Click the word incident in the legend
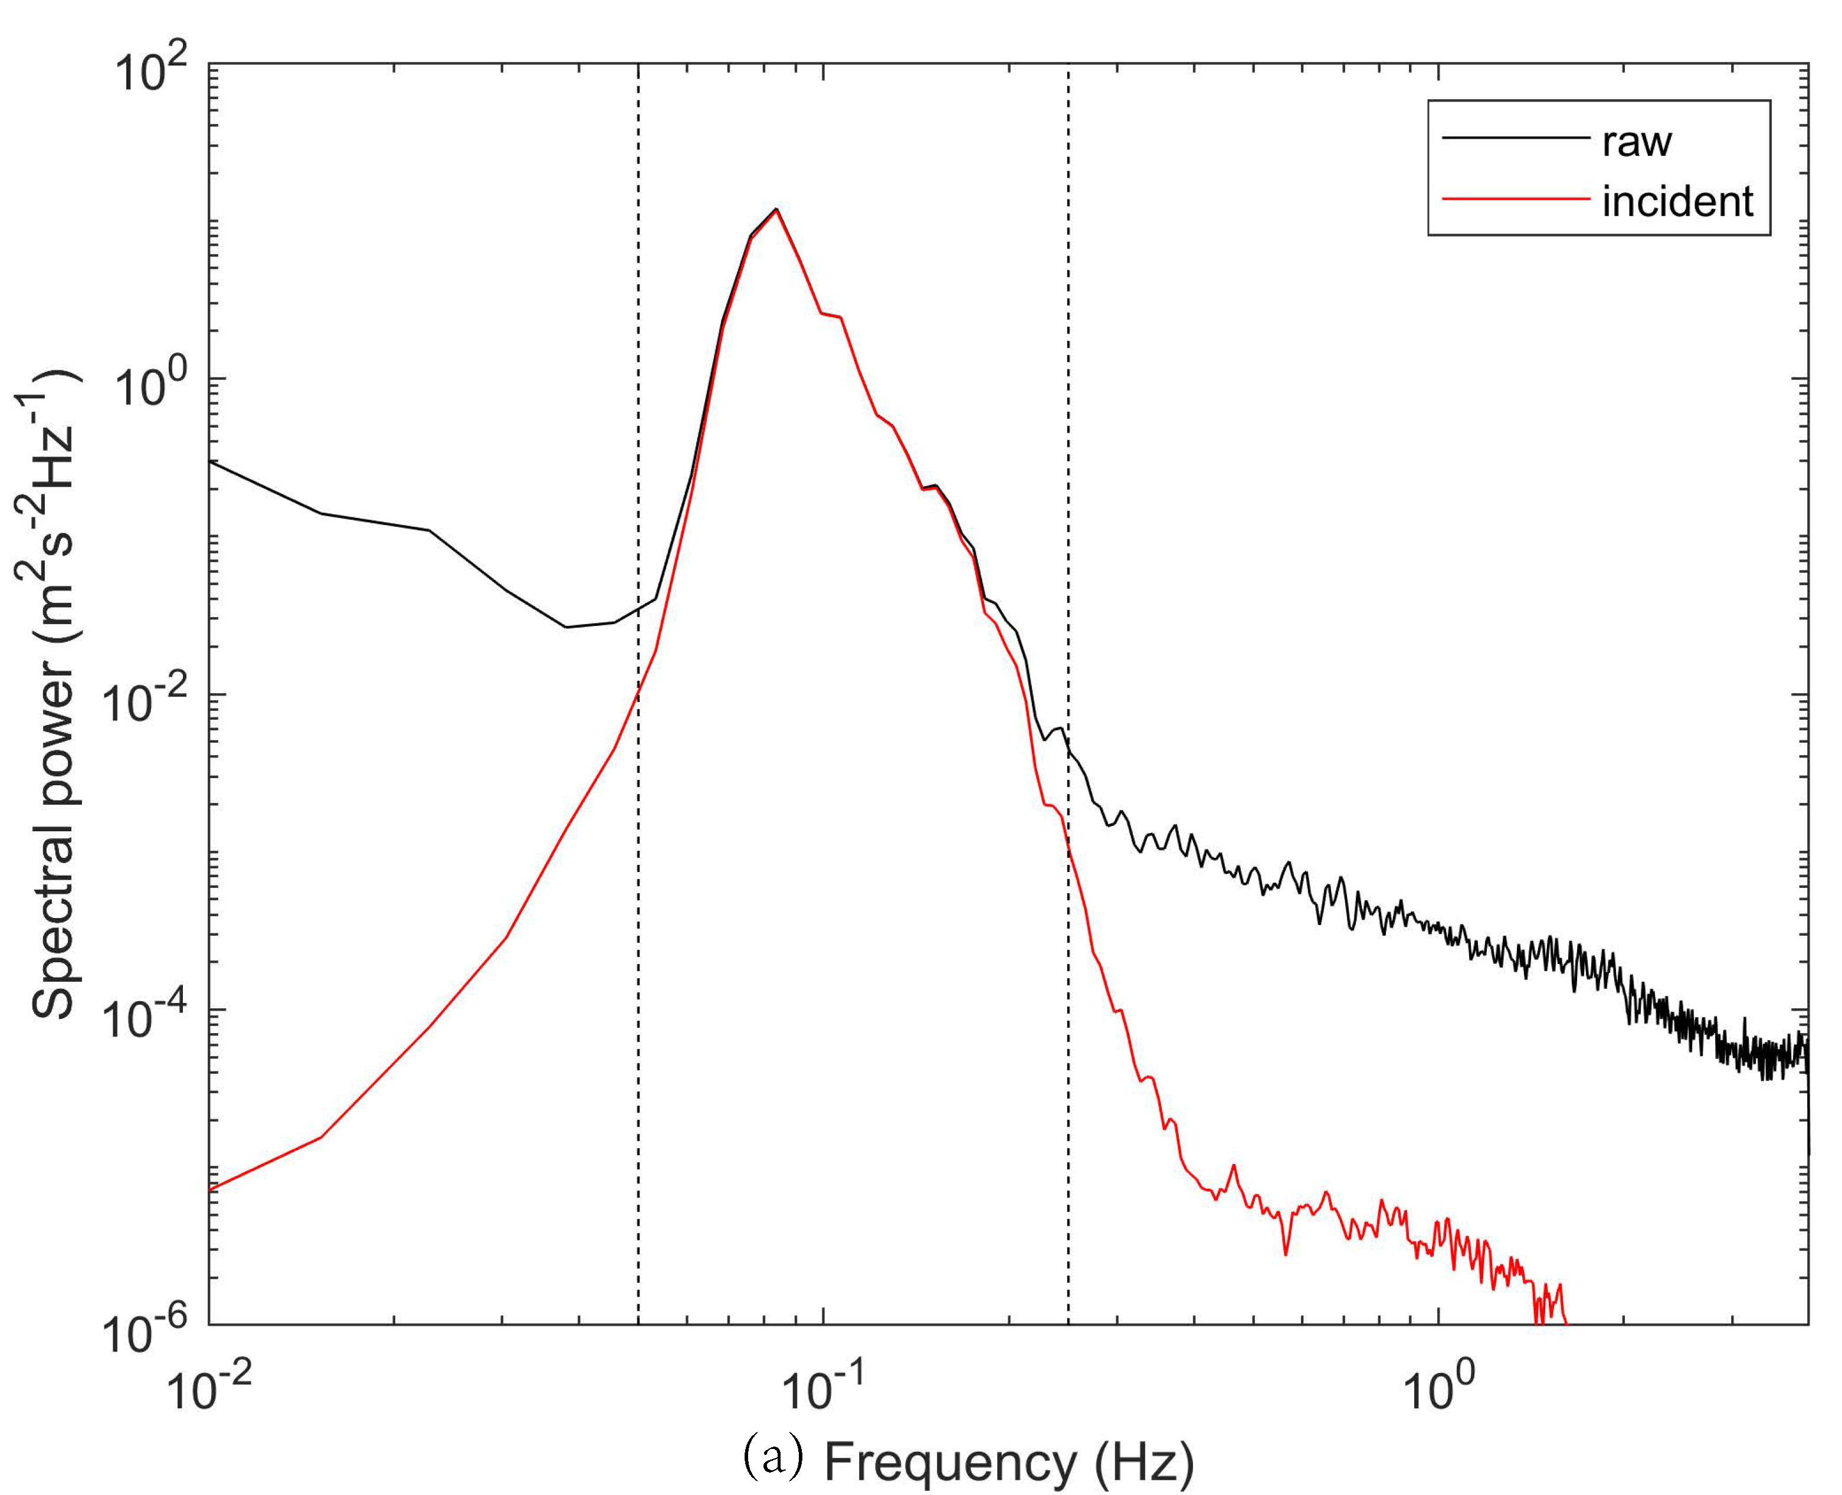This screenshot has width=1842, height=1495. click(x=1677, y=202)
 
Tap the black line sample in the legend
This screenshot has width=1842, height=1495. click(x=1516, y=138)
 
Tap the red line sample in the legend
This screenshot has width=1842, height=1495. click(x=1516, y=199)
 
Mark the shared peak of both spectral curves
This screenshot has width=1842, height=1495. click(x=776, y=209)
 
